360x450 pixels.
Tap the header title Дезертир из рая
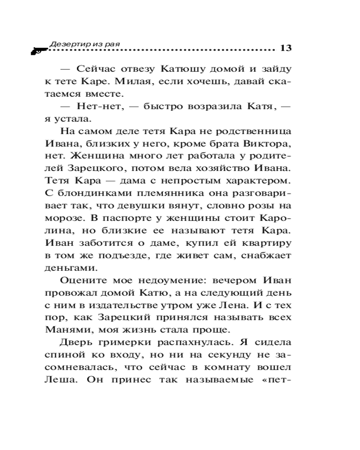[x=87, y=44]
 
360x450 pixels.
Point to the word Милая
[x=131, y=82]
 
